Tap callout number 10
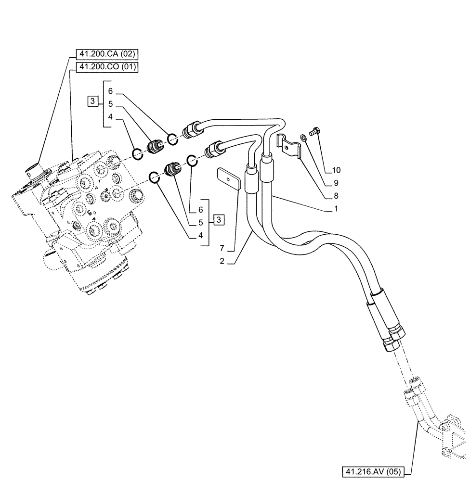336,170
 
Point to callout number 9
336,183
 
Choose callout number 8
336,196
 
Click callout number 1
336,209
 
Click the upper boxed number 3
92,101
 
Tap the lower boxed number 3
219,220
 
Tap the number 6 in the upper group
110,91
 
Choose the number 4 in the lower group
200,236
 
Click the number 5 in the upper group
110,103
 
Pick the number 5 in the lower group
200,223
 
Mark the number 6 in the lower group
200,210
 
